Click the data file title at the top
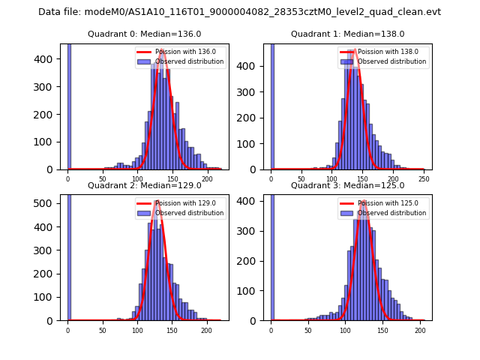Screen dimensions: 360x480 click(x=239, y=12)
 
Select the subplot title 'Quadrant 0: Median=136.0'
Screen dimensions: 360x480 click(x=144, y=34)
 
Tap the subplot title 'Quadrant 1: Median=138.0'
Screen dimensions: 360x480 click(x=347, y=34)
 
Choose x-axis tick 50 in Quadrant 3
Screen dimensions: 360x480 click(x=308, y=330)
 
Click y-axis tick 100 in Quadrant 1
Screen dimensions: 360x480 click(x=254, y=143)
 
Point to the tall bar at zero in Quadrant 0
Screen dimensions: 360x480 click(x=69, y=105)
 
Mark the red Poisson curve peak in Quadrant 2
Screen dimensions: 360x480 click(x=157, y=201)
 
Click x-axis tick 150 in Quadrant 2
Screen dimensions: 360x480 click(x=172, y=330)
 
